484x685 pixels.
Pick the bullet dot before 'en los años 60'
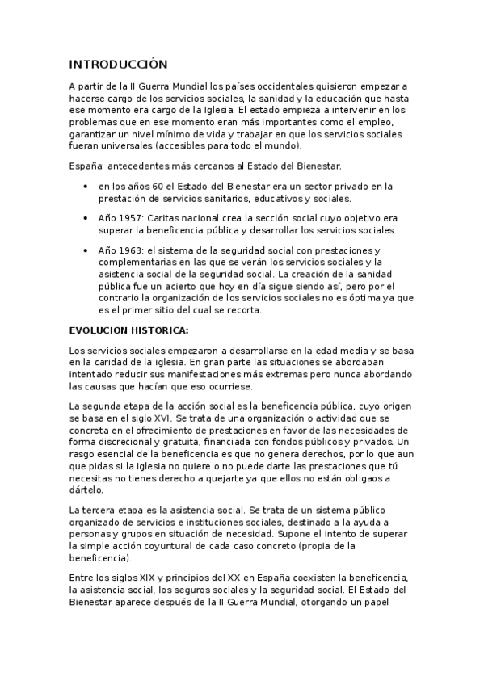pyautogui.click(x=86, y=187)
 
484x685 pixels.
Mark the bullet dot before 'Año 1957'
pyautogui.click(x=86, y=219)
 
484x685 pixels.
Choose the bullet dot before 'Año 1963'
pyautogui.click(x=86, y=251)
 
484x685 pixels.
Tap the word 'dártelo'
pyautogui.click(x=86, y=490)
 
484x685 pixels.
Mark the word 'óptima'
pyautogui.click(x=344, y=298)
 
